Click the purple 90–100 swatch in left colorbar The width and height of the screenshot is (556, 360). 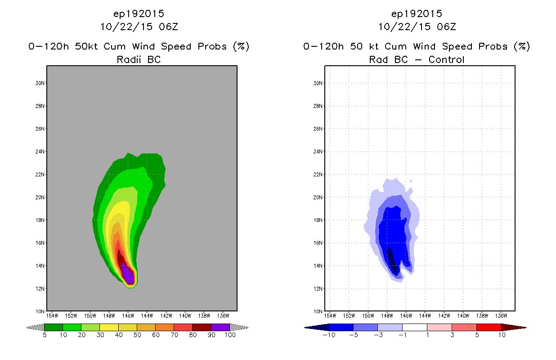(x=220, y=327)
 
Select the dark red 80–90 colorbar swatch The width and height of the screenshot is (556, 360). (x=202, y=327)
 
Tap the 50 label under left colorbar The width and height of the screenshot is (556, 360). (x=137, y=335)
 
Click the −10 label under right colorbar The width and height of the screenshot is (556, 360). (x=329, y=335)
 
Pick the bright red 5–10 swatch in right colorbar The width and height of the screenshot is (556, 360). (x=489, y=327)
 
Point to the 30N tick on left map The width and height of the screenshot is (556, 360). (x=40, y=83)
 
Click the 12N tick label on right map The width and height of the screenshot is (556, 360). (x=318, y=289)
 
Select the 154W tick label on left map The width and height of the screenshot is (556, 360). (x=52, y=316)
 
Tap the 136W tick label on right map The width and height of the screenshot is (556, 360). (x=501, y=316)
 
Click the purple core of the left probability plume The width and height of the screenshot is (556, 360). (x=129, y=275)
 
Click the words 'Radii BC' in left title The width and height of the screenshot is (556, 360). (x=139, y=59)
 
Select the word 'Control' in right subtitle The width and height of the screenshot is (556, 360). (x=446, y=59)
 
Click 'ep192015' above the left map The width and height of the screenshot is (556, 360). (x=139, y=14)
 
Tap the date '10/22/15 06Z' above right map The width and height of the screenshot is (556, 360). (x=417, y=27)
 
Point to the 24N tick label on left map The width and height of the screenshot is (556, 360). (x=40, y=152)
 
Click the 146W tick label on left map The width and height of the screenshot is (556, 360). (x=128, y=316)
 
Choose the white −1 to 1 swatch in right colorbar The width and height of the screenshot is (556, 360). (x=415, y=327)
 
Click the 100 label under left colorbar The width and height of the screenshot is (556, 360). (x=230, y=335)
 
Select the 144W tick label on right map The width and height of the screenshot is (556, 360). (x=425, y=316)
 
